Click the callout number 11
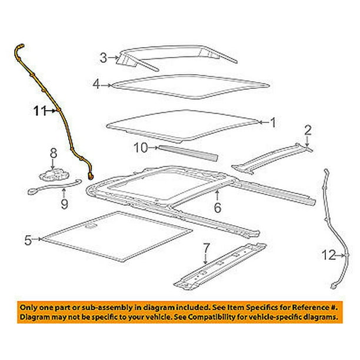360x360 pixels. click(38, 110)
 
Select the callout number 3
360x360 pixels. click(103, 58)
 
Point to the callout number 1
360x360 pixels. click(272, 122)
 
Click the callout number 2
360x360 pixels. click(306, 129)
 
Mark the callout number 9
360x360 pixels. click(65, 204)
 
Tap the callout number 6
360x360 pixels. click(217, 207)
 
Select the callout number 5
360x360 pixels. click(28, 239)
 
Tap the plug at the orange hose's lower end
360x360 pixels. click(91, 175)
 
